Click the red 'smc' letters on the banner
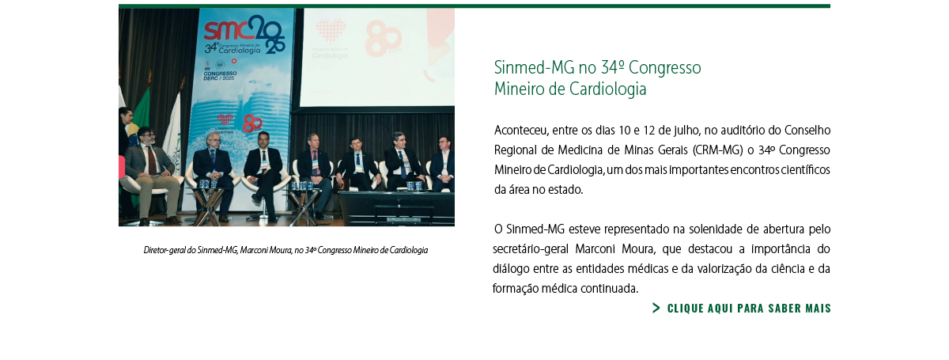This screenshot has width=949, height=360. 225,31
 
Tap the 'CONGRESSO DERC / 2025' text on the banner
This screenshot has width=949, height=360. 221,76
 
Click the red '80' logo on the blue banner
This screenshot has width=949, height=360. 252,123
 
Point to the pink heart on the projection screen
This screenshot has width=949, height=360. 331,31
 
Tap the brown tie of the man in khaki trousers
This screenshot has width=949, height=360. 152,160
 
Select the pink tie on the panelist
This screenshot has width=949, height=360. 316,162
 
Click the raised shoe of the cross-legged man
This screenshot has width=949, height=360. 256,198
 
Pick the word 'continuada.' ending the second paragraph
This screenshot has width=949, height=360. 609,289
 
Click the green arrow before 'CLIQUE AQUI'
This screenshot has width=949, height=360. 656,308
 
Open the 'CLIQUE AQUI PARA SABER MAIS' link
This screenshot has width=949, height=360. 749,309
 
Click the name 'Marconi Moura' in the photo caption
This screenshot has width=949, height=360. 266,250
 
